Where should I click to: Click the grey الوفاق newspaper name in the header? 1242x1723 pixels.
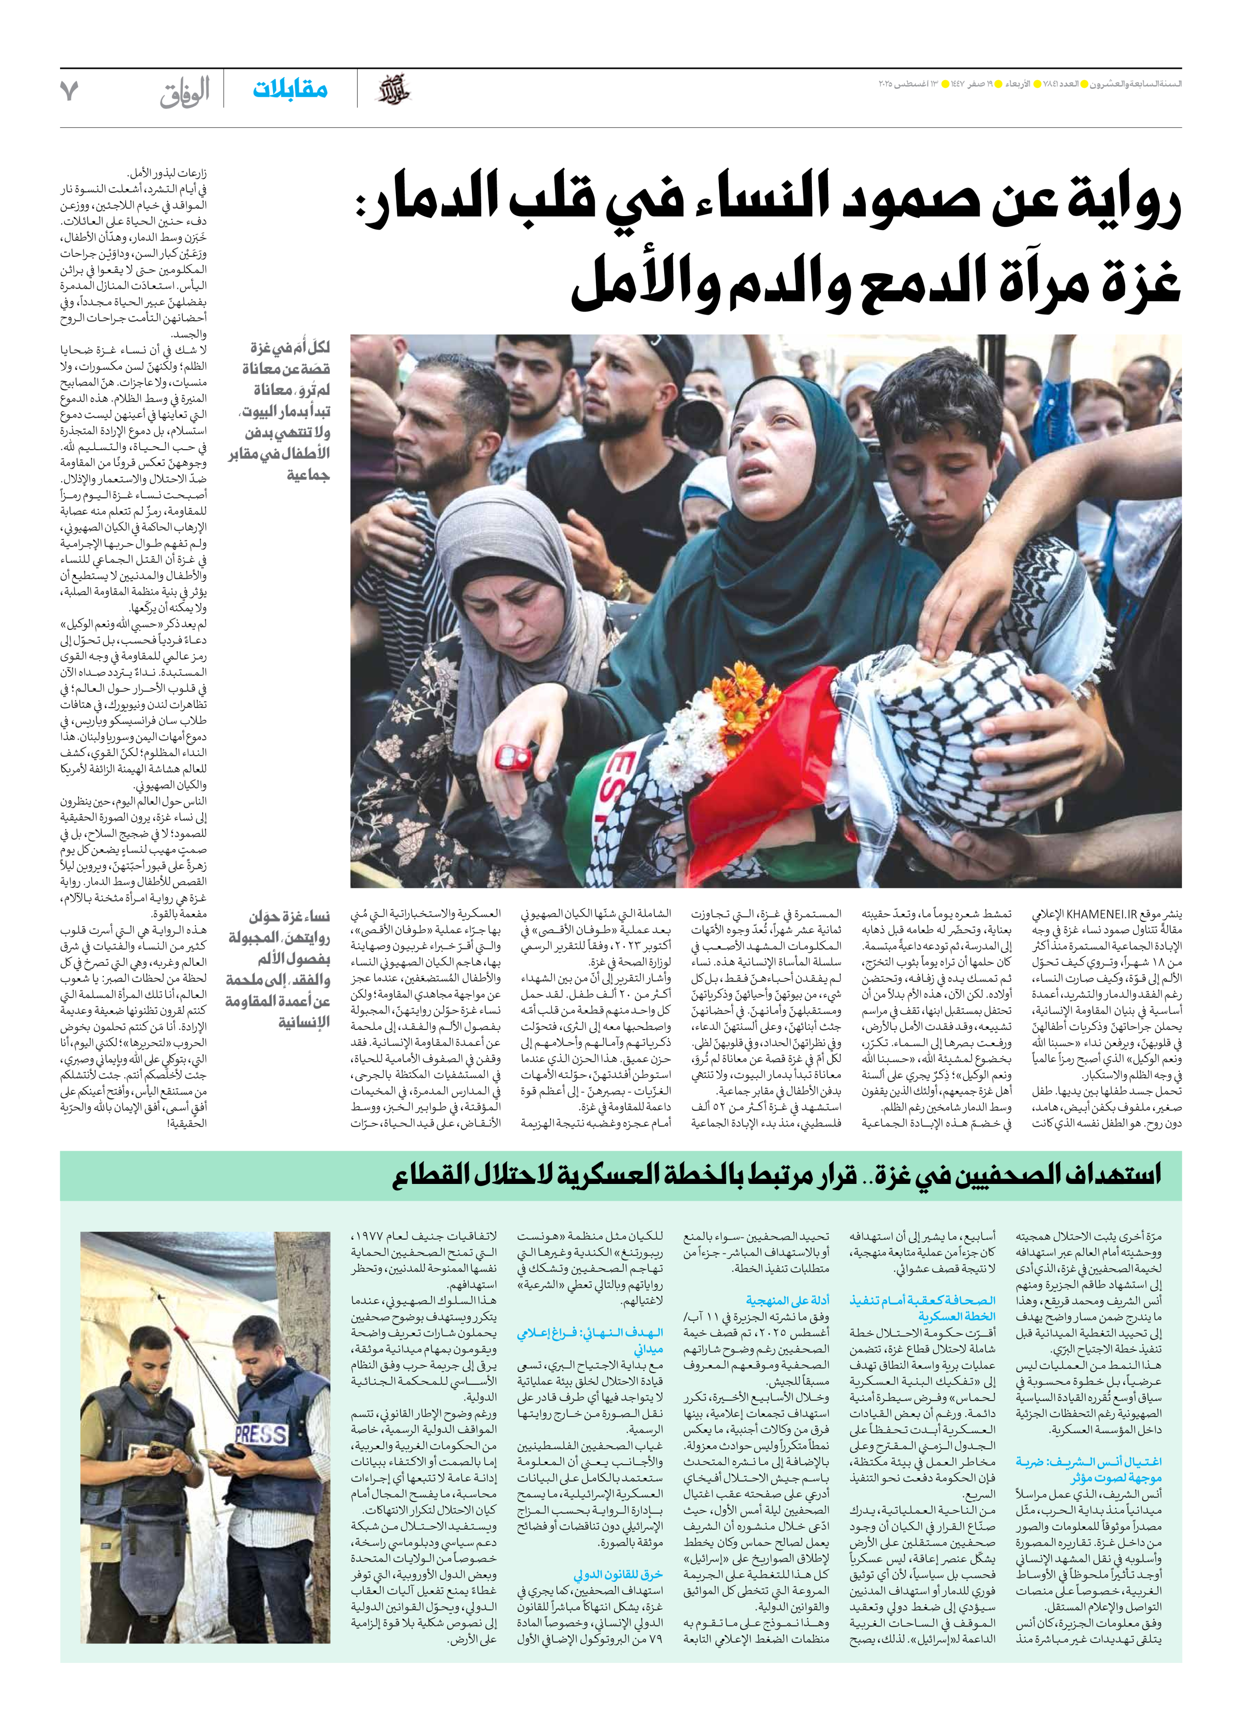pos(185,93)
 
